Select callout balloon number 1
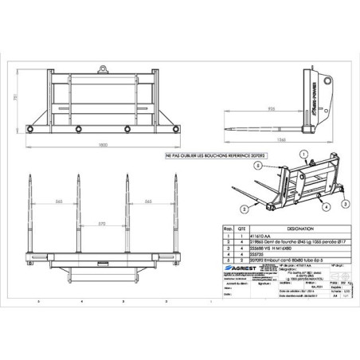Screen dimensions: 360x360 (305, 157)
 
